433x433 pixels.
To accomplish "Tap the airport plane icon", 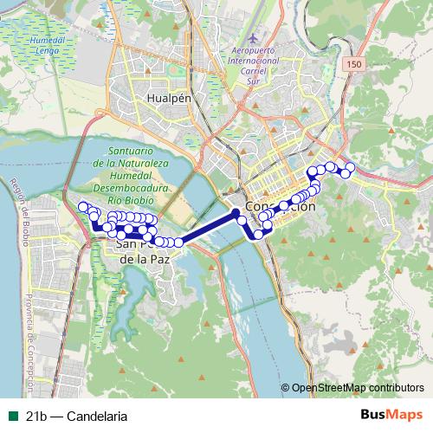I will click(x=252, y=39).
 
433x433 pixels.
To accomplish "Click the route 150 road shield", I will click(x=353, y=66).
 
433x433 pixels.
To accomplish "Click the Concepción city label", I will click(x=280, y=208).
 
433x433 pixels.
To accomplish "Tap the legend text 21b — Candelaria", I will click(x=76, y=416).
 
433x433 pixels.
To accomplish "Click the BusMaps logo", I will click(x=391, y=415).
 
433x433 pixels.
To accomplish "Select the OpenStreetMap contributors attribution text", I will click(x=357, y=389).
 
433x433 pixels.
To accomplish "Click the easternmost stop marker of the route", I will click(x=351, y=167).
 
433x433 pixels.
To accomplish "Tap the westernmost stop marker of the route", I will click(x=83, y=207).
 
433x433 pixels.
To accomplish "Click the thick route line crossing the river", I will click(x=208, y=227).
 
